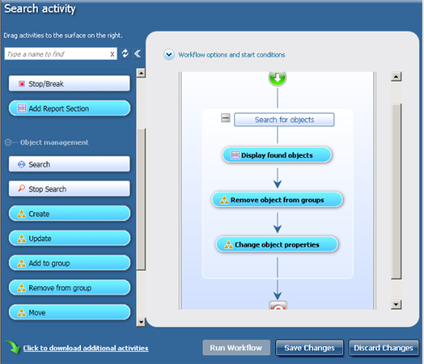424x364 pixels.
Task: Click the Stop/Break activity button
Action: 69,83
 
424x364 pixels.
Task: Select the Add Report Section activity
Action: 69,109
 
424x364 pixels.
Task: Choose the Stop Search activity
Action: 69,189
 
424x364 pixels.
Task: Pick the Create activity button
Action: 69,214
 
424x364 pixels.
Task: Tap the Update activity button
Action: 69,238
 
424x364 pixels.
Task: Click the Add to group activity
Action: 69,263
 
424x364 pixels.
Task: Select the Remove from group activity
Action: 69,288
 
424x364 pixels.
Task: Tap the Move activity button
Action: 69,312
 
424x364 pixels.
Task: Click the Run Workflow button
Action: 236,348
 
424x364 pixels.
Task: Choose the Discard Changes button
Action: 383,348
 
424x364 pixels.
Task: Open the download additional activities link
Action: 86,348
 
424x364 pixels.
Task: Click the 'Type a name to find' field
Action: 57,54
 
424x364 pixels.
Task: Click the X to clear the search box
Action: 113,55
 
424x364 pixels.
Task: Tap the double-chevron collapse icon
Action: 138,53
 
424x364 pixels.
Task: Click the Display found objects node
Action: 277,155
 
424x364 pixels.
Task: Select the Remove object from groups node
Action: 278,200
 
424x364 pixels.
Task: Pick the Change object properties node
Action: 277,245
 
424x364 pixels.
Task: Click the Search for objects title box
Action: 284,119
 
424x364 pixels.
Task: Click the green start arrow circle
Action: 278,78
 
